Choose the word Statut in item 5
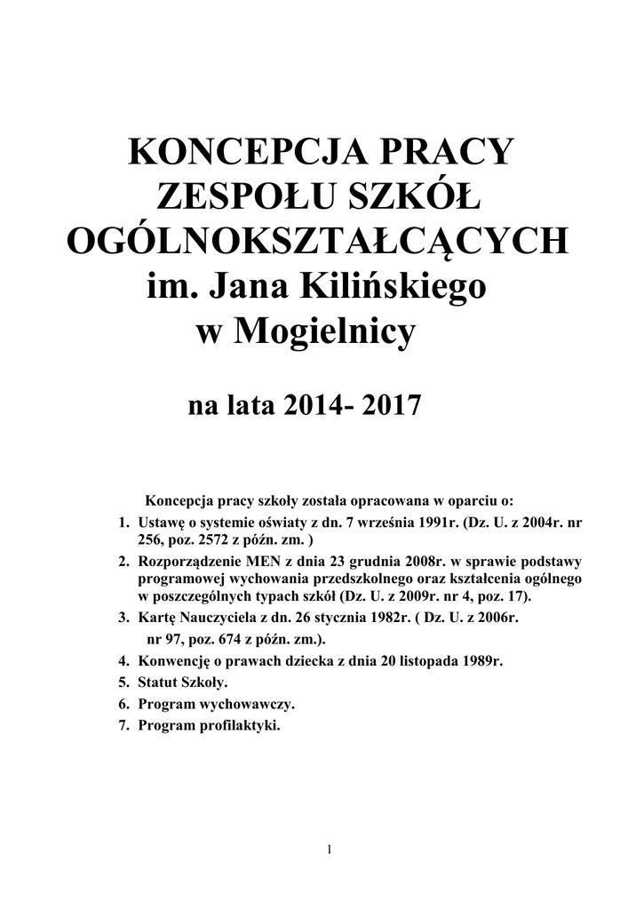(x=157, y=683)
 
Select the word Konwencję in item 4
(x=172, y=662)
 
